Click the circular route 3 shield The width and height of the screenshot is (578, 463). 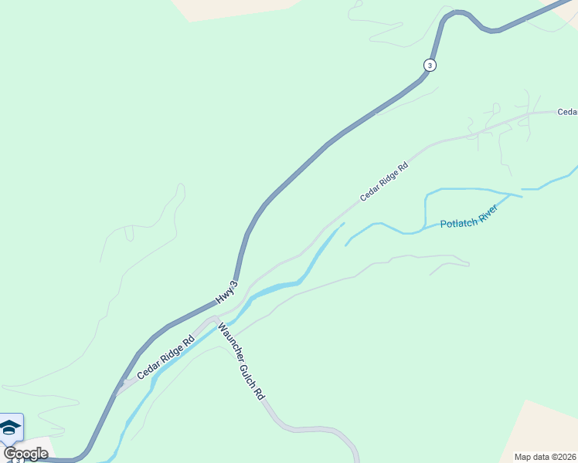tap(430, 66)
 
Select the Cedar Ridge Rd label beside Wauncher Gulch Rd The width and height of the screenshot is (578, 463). tap(165, 357)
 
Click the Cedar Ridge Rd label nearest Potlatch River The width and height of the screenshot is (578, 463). tap(383, 182)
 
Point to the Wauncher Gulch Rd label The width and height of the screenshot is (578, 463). tap(241, 360)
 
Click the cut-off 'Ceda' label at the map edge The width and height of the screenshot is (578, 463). tap(567, 112)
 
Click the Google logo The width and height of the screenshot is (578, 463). tap(25, 454)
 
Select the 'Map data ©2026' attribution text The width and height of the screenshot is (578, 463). tap(546, 457)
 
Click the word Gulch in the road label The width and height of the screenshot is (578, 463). tap(245, 367)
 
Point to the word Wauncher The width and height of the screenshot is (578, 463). tap(230, 340)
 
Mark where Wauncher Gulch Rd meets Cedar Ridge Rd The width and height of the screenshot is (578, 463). tap(216, 319)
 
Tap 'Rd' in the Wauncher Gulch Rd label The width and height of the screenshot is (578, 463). tap(259, 392)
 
